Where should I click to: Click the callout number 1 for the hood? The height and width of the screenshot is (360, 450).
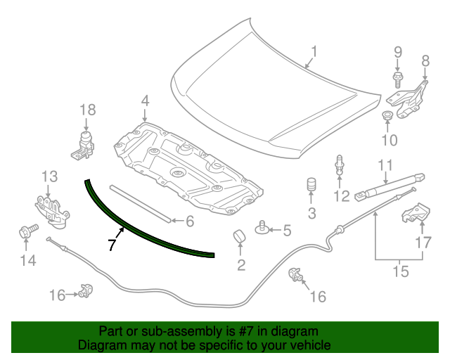pyautogui.click(x=314, y=52)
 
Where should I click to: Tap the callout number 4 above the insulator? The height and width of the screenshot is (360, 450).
pyautogui.click(x=144, y=102)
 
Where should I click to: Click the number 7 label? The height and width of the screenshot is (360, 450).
pyautogui.click(x=111, y=245)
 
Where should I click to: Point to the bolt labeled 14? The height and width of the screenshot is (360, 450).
pyautogui.click(x=25, y=231)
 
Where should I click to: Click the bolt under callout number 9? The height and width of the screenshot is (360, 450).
pyautogui.click(x=397, y=78)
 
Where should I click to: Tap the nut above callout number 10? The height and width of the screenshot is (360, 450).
pyautogui.click(x=387, y=115)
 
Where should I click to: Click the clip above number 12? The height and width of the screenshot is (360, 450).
pyautogui.click(x=340, y=165)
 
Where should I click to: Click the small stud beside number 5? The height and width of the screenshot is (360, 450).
pyautogui.click(x=262, y=227)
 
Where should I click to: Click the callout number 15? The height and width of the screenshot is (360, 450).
pyautogui.click(x=400, y=271)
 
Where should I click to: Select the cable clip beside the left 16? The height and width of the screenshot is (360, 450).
pyautogui.click(x=87, y=289)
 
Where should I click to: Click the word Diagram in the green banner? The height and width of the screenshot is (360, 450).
pyautogui.click(x=101, y=346)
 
